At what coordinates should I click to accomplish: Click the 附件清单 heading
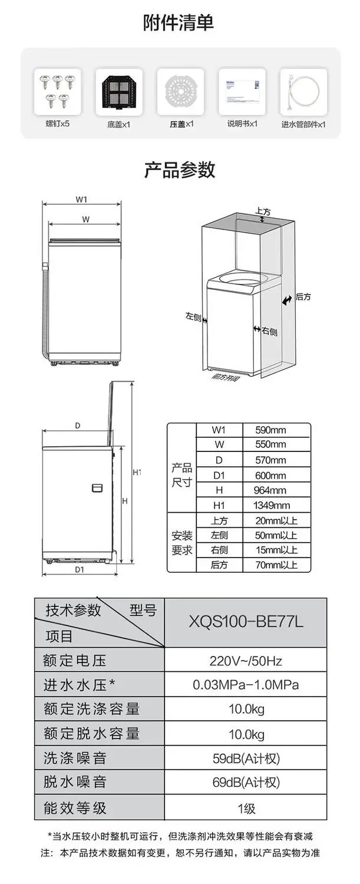(x=179, y=23)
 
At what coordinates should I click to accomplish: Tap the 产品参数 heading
(x=180, y=170)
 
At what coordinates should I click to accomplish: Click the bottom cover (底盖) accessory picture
(x=119, y=91)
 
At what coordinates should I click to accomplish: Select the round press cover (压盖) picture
(x=180, y=92)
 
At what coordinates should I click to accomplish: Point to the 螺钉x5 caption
(x=58, y=124)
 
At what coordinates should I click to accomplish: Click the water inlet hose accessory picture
(x=303, y=92)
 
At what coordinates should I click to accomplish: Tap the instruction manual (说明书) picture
(x=242, y=91)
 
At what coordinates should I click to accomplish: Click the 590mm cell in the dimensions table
(x=271, y=430)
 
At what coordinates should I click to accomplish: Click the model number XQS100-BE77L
(x=246, y=622)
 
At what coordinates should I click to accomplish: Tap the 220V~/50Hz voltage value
(x=246, y=660)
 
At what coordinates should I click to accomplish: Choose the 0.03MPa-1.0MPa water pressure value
(x=246, y=685)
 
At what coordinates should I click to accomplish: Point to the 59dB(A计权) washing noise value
(x=246, y=758)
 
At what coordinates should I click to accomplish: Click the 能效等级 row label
(x=75, y=807)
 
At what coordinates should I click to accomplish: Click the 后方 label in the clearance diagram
(x=303, y=297)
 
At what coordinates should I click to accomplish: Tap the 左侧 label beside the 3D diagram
(x=193, y=317)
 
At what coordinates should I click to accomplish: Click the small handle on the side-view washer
(x=98, y=488)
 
